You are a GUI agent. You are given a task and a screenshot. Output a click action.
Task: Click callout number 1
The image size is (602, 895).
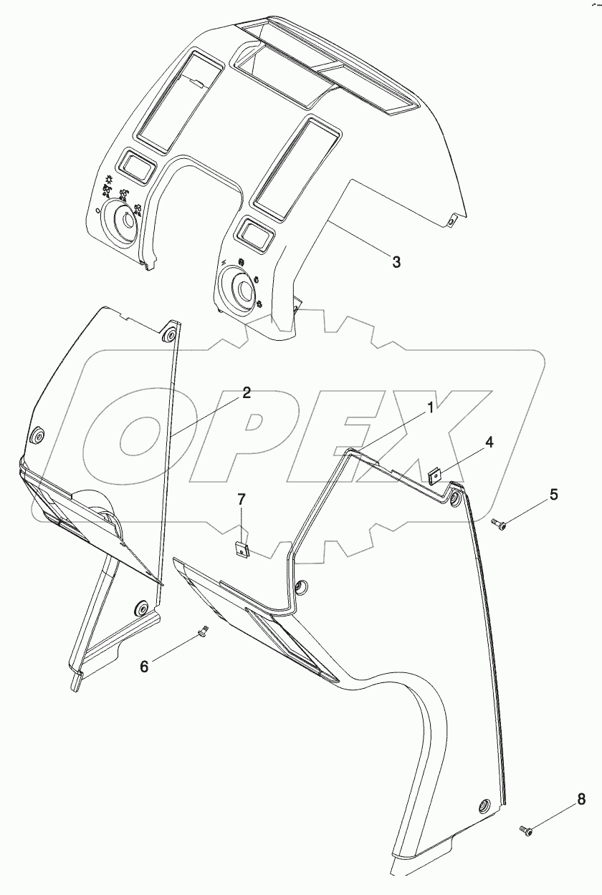pos(431,408)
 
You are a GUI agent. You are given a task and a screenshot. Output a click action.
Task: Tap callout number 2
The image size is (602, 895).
pos(246,393)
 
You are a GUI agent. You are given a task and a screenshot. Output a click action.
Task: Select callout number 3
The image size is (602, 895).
pos(396,262)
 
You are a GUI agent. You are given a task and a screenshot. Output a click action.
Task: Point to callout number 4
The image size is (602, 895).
pos(489,442)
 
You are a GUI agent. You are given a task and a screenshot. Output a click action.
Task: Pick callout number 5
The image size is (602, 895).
pos(553,494)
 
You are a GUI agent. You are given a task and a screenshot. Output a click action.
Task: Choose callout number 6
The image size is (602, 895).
pos(144,667)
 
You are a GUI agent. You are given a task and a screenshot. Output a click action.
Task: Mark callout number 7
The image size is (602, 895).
pos(242,500)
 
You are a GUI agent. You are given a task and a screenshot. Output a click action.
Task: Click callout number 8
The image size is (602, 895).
pos(581,800)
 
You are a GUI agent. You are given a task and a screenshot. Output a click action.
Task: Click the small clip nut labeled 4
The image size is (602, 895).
pos(434,476)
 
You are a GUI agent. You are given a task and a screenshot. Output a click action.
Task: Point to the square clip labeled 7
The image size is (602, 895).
pos(242,550)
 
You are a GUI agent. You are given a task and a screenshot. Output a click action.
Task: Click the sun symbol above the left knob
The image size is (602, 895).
pos(108,179)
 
